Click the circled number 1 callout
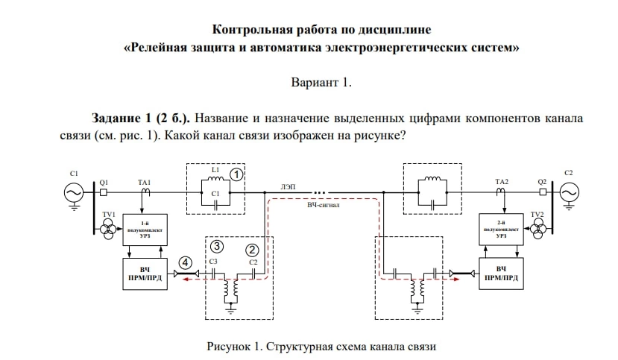click(x=235, y=174)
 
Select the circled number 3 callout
click(x=216, y=246)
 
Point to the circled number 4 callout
click(x=185, y=262)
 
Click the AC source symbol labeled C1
click(x=74, y=192)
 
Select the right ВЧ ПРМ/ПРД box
click(x=501, y=274)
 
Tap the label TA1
click(x=144, y=182)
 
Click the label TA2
click(x=501, y=182)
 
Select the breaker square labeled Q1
click(x=104, y=192)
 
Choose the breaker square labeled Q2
click(x=541, y=192)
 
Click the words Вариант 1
click(x=321, y=83)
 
